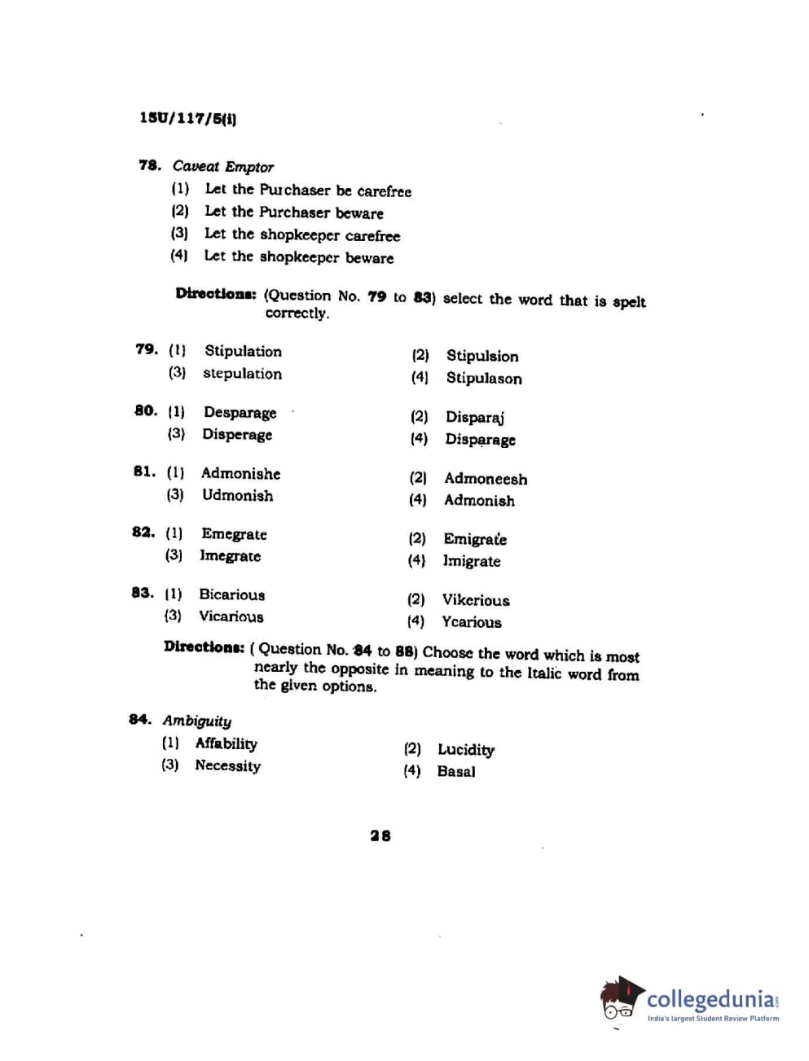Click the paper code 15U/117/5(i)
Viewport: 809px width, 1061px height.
(x=187, y=118)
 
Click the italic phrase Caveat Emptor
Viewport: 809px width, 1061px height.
(x=222, y=167)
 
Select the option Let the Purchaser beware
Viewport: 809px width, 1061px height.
(x=293, y=213)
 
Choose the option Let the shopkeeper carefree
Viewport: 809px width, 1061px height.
(x=301, y=235)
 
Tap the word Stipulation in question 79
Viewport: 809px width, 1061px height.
(x=243, y=351)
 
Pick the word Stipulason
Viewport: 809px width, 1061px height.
(x=484, y=378)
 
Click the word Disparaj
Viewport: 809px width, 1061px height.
(x=474, y=417)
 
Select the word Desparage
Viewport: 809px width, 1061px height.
(x=240, y=412)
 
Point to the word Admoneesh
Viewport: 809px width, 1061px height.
(x=486, y=479)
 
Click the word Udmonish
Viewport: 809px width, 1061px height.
(x=237, y=495)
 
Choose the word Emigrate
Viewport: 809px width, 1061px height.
(x=475, y=539)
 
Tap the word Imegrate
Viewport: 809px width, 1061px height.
(x=231, y=556)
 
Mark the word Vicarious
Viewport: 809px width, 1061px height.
(x=231, y=616)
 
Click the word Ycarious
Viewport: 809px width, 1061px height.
(x=472, y=622)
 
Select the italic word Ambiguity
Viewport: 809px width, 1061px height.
(x=197, y=721)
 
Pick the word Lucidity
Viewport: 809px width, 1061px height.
(x=466, y=749)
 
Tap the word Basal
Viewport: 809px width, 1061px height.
(x=456, y=771)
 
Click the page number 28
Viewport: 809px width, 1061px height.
(x=380, y=835)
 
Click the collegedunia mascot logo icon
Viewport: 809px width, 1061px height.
(x=622, y=999)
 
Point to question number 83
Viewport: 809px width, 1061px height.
(x=142, y=593)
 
